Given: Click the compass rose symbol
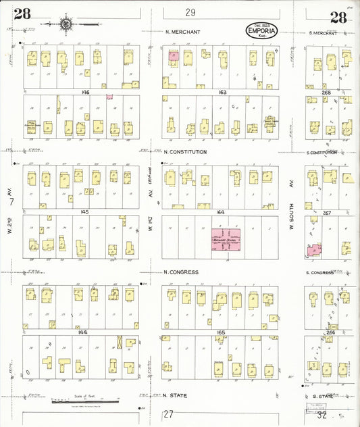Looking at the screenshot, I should pos(66,24).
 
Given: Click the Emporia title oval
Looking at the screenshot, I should pos(264,31).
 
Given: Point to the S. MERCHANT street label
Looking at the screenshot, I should pos(322,32).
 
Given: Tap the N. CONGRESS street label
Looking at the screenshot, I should pos(181,272).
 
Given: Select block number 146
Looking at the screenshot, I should pos(85,91).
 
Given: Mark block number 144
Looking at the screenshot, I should pos(84,332).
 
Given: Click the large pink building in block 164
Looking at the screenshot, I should pos(228,241).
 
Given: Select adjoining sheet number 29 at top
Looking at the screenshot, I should pos(190,12).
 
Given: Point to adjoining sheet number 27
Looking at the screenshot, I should pos(169,413).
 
